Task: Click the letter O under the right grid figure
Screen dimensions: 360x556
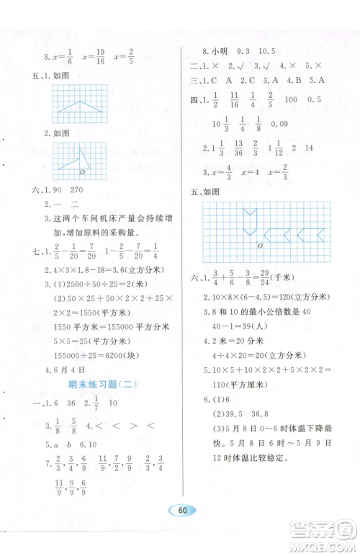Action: click(x=258, y=246)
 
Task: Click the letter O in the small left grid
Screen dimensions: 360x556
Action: click(x=83, y=172)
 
